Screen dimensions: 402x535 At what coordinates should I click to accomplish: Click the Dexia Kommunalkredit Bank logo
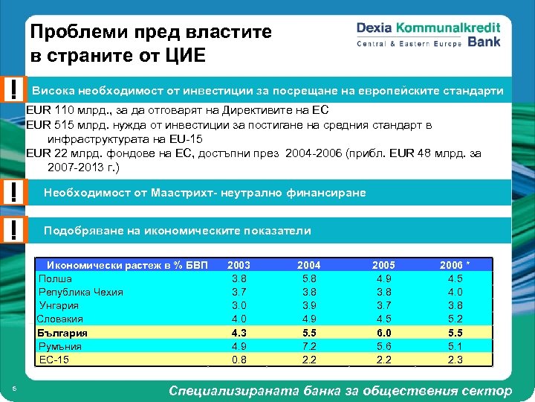pyautogui.click(x=428, y=34)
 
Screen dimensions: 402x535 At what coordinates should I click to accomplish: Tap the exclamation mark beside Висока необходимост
pyautogui.click(x=14, y=90)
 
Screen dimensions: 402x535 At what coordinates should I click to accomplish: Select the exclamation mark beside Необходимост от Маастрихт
pyautogui.click(x=14, y=193)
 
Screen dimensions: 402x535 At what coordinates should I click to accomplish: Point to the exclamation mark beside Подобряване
pyautogui.click(x=14, y=230)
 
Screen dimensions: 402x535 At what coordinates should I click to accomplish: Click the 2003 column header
pyautogui.click(x=239, y=265)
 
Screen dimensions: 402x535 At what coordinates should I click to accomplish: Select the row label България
pyautogui.click(x=62, y=333)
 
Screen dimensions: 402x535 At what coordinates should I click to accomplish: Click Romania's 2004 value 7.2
pyautogui.click(x=309, y=346)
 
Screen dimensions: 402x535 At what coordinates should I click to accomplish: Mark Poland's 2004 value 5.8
pyautogui.click(x=309, y=278)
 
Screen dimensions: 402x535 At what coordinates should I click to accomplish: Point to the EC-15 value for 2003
pyautogui.click(x=239, y=360)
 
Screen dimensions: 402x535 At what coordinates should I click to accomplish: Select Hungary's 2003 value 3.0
pyautogui.click(x=239, y=305)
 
